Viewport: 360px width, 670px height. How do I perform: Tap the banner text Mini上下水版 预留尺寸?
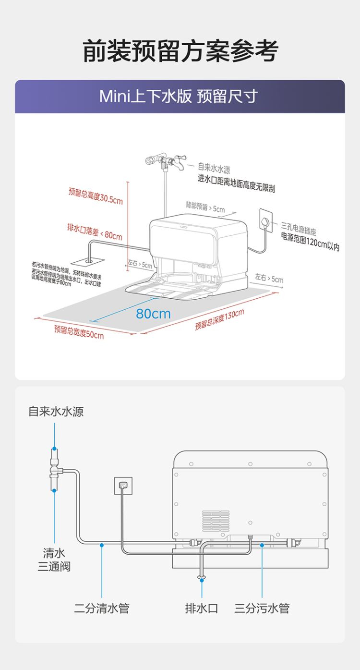point(179,97)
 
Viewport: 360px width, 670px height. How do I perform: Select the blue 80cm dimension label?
point(153,314)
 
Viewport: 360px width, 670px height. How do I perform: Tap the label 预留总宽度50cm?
point(79,331)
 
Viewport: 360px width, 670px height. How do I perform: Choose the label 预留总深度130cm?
point(219,319)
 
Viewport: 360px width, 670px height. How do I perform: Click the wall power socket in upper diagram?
point(265,219)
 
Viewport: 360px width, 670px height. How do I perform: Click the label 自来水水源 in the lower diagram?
point(56,412)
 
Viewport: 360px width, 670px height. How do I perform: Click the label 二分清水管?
point(102,609)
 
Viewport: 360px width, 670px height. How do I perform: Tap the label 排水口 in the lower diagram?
point(202,609)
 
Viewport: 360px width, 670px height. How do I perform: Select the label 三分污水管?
point(262,609)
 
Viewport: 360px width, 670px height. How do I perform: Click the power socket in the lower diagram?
point(123,485)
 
